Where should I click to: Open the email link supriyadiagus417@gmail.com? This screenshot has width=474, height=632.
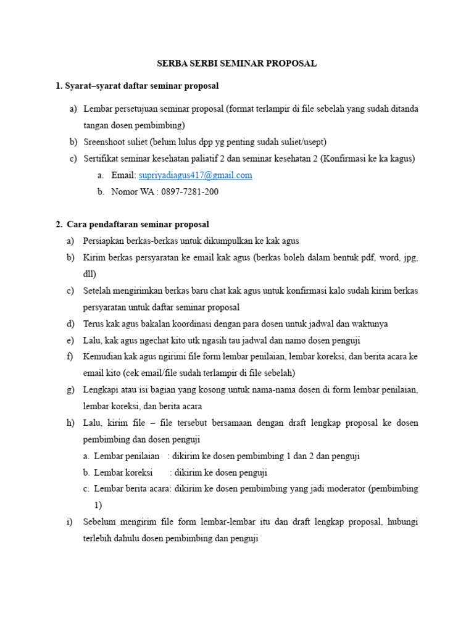[x=195, y=175]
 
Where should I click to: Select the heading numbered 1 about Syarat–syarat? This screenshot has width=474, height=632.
[x=137, y=85]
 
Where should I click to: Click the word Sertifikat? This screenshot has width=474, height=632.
[x=101, y=158]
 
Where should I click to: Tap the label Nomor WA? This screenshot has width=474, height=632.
[x=132, y=192]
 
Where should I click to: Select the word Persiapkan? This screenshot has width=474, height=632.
[x=104, y=241]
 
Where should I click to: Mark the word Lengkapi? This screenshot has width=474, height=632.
[x=101, y=390]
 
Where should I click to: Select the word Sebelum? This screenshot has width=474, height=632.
[x=99, y=522]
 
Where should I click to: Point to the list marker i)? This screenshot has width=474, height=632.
[x=70, y=522]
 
